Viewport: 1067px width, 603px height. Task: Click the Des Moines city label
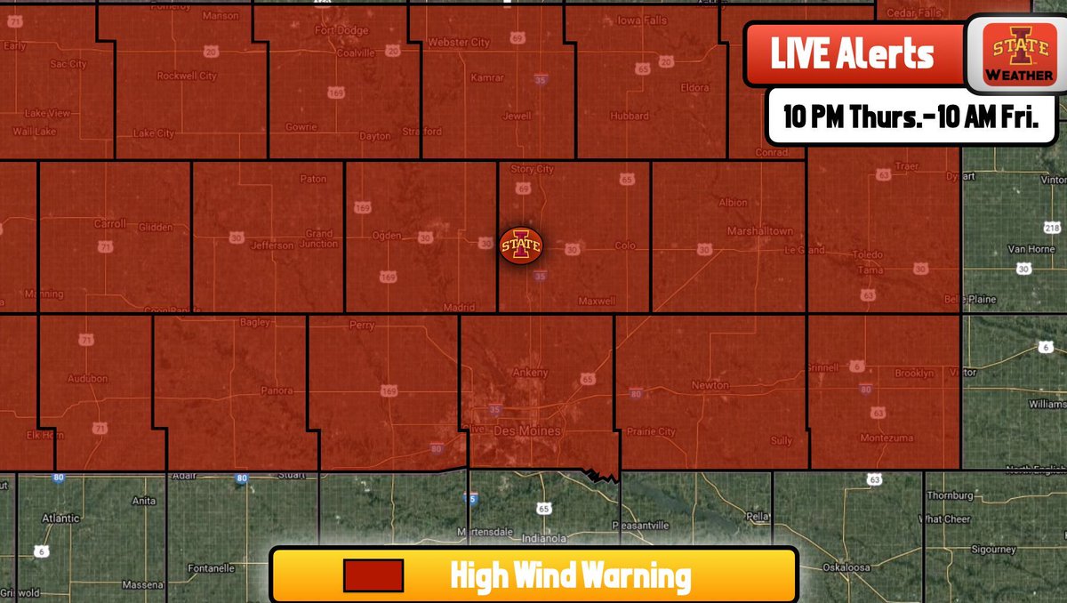[528, 431]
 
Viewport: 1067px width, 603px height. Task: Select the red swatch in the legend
[373, 576]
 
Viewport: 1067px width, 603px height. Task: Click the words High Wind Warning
[570, 576]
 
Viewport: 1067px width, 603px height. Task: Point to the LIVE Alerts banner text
[852, 55]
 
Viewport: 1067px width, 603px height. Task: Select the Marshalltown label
[759, 231]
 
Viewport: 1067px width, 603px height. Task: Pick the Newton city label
[710, 385]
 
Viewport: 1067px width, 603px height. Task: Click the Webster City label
[459, 43]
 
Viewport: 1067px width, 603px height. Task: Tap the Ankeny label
[532, 373]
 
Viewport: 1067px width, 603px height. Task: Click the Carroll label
[110, 224]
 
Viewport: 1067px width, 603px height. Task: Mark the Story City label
[532, 169]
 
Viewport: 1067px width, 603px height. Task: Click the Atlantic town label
[60, 518]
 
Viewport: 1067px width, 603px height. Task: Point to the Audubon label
[86, 379]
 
